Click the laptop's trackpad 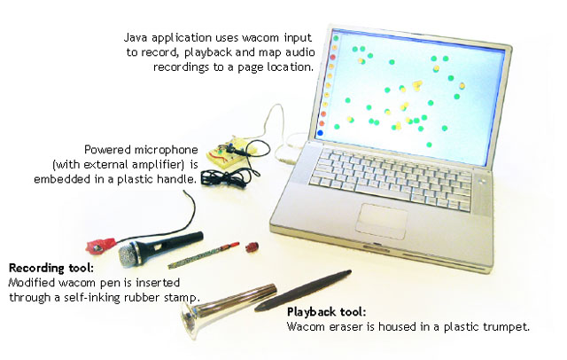384,215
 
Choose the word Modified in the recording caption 31,282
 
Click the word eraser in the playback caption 343,327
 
